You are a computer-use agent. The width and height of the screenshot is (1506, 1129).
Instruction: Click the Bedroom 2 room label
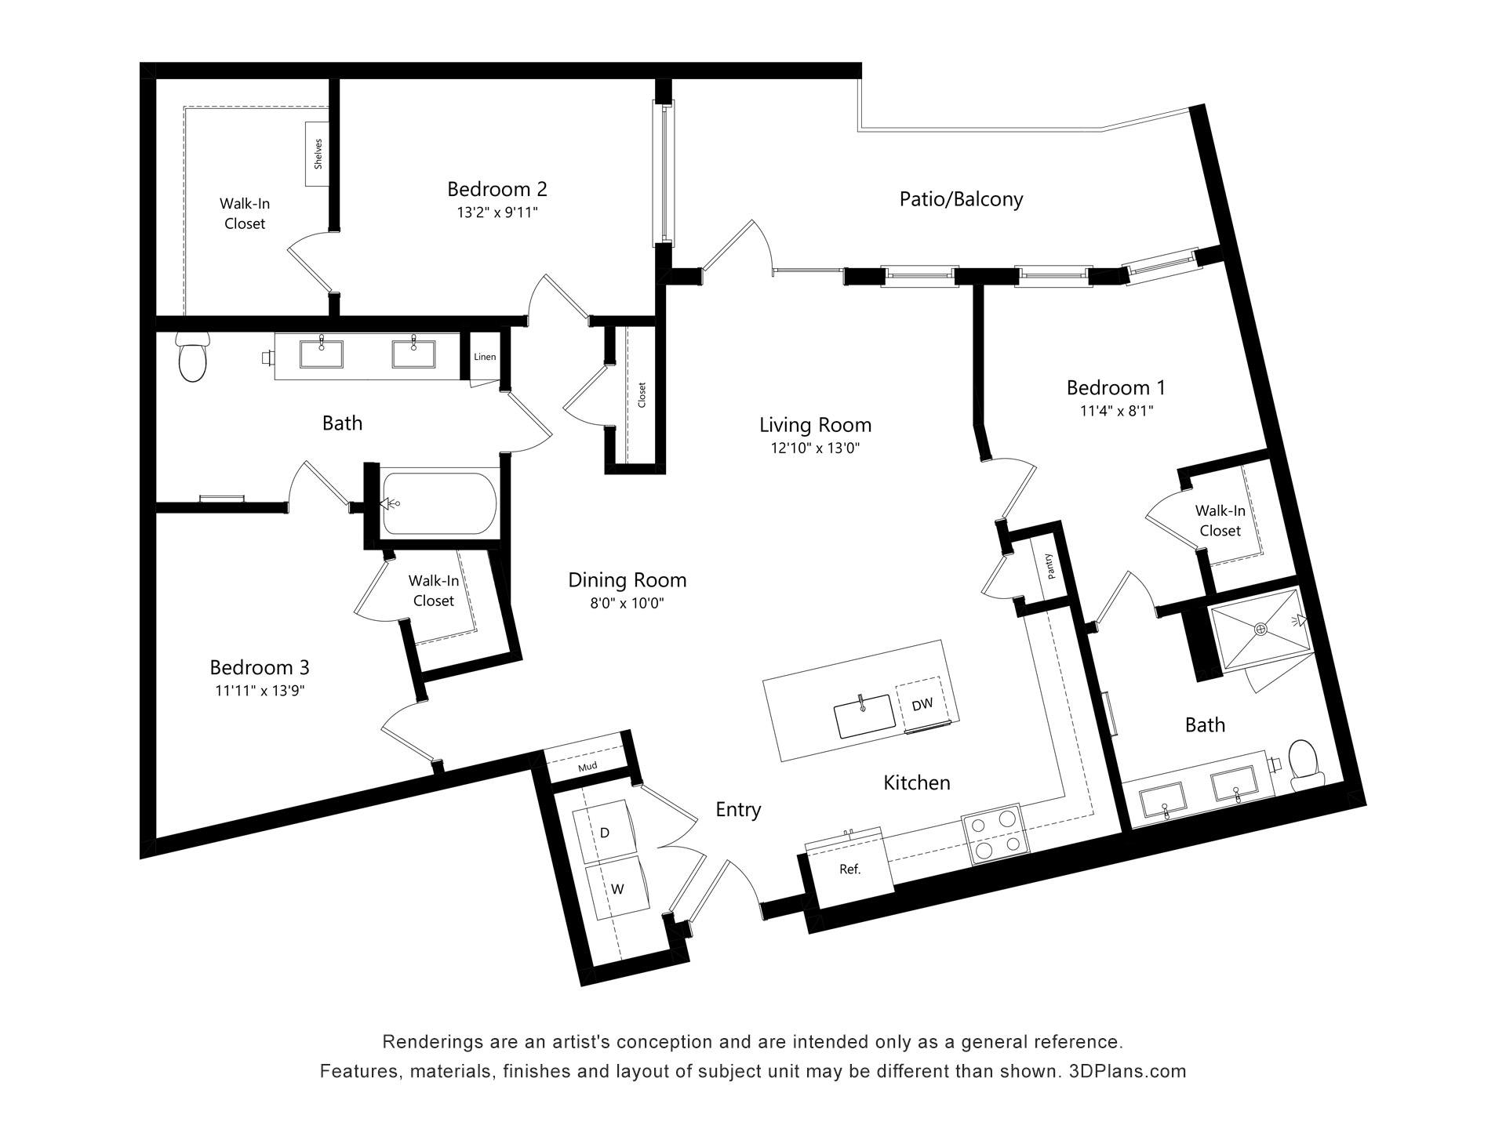point(497,189)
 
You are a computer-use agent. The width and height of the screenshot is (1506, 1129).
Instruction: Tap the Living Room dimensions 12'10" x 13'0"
point(815,448)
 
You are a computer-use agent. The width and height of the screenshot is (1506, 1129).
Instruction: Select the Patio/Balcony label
point(961,199)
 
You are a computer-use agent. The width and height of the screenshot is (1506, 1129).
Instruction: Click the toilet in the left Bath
point(193,358)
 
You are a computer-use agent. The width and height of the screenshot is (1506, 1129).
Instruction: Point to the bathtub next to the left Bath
point(439,503)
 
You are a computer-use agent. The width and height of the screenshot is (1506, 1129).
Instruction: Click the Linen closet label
point(485,357)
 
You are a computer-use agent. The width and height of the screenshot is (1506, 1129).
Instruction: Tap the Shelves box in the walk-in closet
point(318,154)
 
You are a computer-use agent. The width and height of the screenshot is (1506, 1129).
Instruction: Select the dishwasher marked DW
point(922,704)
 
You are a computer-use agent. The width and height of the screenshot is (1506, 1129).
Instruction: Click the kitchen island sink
point(864,716)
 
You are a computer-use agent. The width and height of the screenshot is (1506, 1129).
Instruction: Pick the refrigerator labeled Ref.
point(850,869)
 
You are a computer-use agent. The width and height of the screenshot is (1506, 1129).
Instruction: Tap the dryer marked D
point(605,833)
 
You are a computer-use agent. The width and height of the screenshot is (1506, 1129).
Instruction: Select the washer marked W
point(618,889)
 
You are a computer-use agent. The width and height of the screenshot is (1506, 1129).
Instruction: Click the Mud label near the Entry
point(587,767)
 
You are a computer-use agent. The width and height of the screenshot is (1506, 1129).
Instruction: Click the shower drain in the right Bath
point(1261,628)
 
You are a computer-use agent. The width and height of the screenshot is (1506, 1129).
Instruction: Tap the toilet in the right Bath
point(1303,762)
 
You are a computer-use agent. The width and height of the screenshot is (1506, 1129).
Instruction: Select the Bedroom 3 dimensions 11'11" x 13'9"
point(260,691)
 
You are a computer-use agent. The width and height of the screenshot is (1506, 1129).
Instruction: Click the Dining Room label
point(627,580)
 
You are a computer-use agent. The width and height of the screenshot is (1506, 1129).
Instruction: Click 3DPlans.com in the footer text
point(1127,1071)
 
